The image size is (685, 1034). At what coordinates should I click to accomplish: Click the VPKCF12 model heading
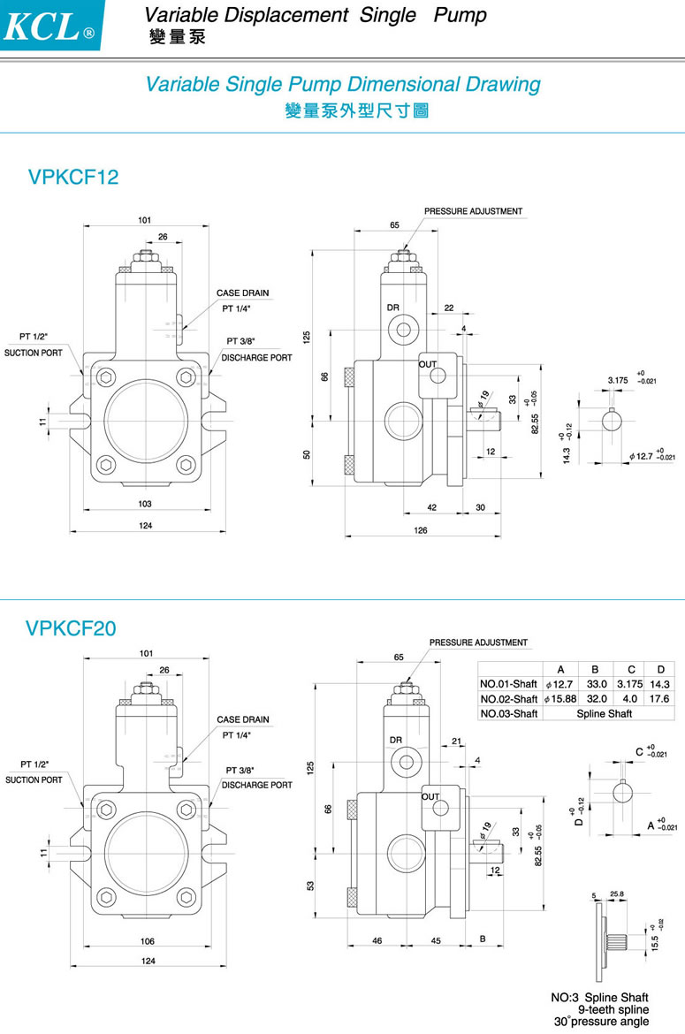pyautogui.click(x=72, y=177)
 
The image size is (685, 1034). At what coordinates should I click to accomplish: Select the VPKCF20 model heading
pyautogui.click(x=71, y=628)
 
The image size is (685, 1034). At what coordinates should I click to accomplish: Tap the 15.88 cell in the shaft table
pyautogui.click(x=558, y=698)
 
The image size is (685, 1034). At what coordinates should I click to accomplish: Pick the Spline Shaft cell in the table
pyautogui.click(x=605, y=713)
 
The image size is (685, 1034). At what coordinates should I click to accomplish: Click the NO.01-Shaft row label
pyautogui.click(x=508, y=684)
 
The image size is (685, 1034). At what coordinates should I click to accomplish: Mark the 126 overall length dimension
pyautogui.click(x=421, y=530)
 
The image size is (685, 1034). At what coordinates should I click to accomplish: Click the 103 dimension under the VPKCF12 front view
pyautogui.click(x=145, y=504)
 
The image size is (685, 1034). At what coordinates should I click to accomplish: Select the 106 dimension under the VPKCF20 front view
pyautogui.click(x=148, y=941)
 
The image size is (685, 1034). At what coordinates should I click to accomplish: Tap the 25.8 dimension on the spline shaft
pyautogui.click(x=617, y=894)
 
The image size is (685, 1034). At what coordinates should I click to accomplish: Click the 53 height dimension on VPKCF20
pyautogui.click(x=309, y=885)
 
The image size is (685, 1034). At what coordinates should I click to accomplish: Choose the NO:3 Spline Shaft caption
pyautogui.click(x=599, y=998)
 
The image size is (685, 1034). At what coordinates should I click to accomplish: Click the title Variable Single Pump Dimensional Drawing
pyautogui.click(x=342, y=85)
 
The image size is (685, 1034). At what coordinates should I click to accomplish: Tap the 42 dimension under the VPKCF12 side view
pyautogui.click(x=432, y=507)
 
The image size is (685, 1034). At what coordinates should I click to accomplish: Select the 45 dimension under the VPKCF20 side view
pyautogui.click(x=436, y=941)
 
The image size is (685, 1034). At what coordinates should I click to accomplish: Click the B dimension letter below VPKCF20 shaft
pyautogui.click(x=483, y=939)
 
